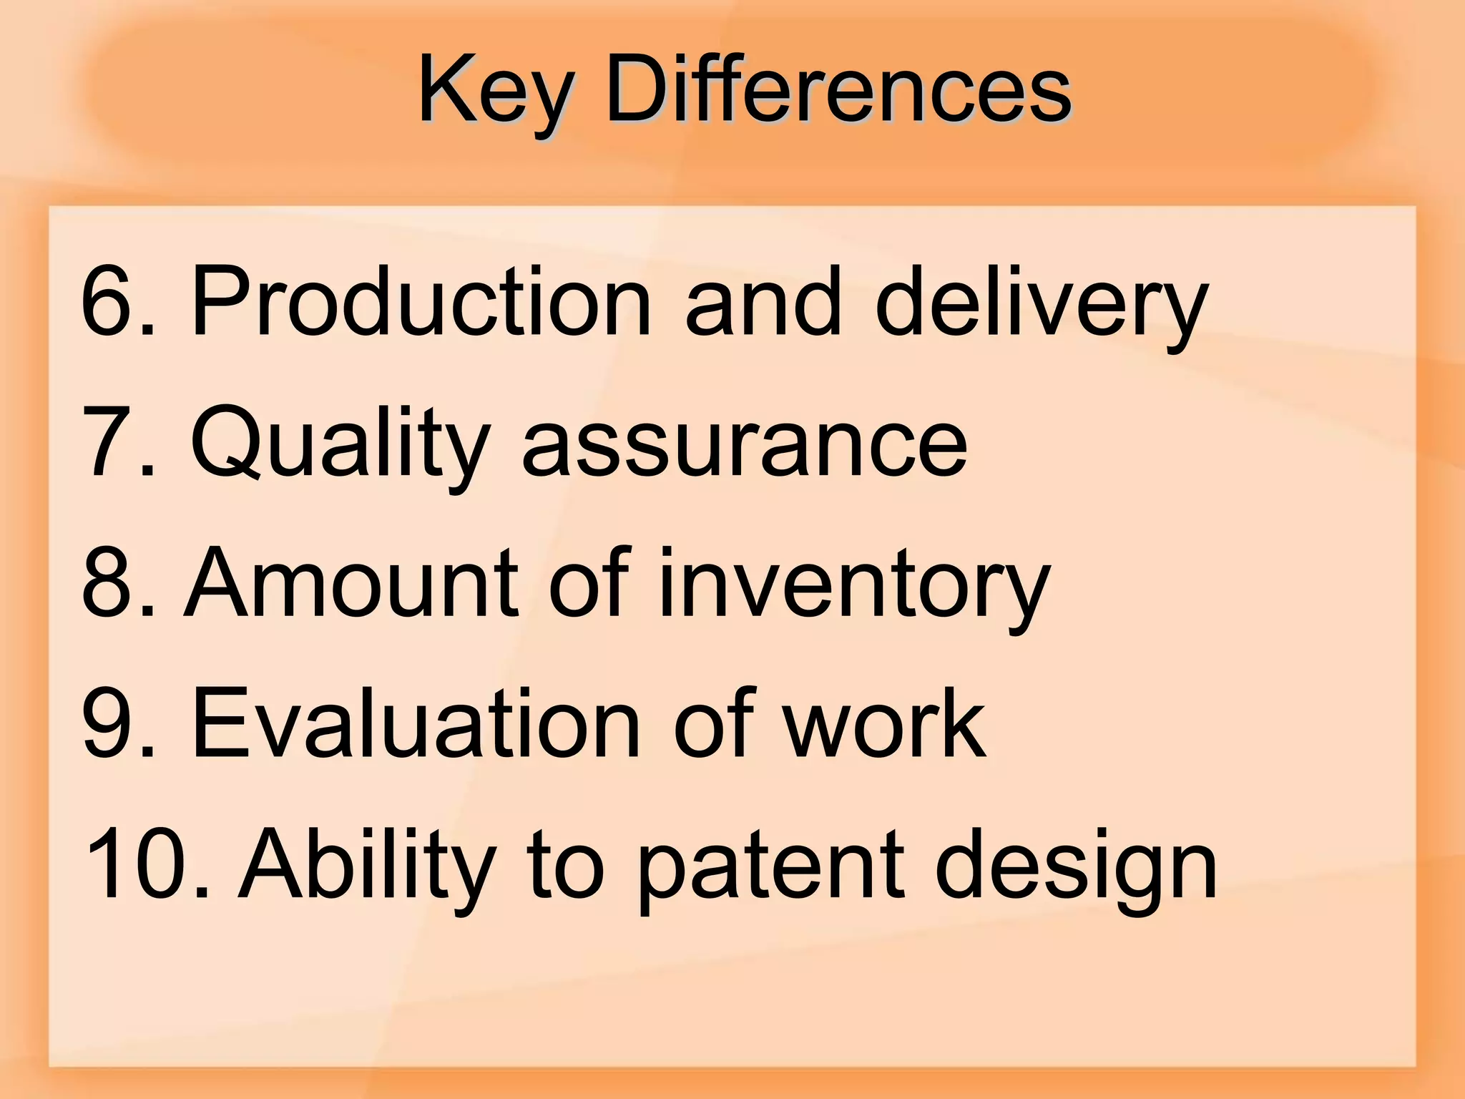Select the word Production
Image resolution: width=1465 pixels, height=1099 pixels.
click(421, 300)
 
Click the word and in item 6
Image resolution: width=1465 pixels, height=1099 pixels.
click(763, 300)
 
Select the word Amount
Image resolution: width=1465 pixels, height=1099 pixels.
click(351, 582)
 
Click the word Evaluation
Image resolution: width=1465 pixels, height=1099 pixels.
click(415, 723)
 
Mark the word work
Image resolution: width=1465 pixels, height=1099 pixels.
click(884, 723)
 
